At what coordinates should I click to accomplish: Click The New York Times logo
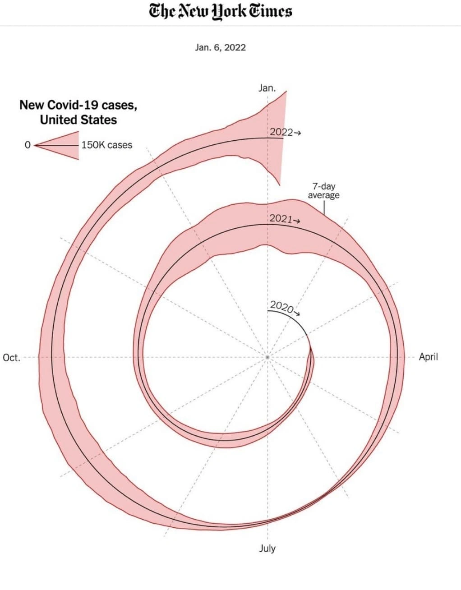click(221, 11)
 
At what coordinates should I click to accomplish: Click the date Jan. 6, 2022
click(220, 47)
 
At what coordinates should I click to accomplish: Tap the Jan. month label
click(267, 88)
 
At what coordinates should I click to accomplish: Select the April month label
click(428, 357)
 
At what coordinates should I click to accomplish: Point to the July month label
click(267, 549)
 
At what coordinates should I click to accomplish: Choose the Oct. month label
click(12, 358)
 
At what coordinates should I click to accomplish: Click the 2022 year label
click(281, 132)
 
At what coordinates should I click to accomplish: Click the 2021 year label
click(281, 219)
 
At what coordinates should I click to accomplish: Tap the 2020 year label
click(281, 306)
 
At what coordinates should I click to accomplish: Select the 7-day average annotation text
click(323, 190)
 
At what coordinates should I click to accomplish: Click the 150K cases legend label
click(107, 145)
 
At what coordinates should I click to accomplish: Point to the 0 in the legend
click(28, 145)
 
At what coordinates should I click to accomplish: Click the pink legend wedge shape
click(63, 145)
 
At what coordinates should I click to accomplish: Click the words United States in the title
click(78, 120)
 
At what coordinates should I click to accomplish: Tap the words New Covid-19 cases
click(78, 105)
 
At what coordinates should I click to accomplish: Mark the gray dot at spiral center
click(267, 357)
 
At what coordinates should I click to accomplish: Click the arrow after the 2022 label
click(297, 133)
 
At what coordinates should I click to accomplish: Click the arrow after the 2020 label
click(297, 313)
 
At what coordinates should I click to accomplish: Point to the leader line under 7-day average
click(324, 207)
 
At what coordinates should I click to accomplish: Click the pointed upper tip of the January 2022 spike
click(286, 92)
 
